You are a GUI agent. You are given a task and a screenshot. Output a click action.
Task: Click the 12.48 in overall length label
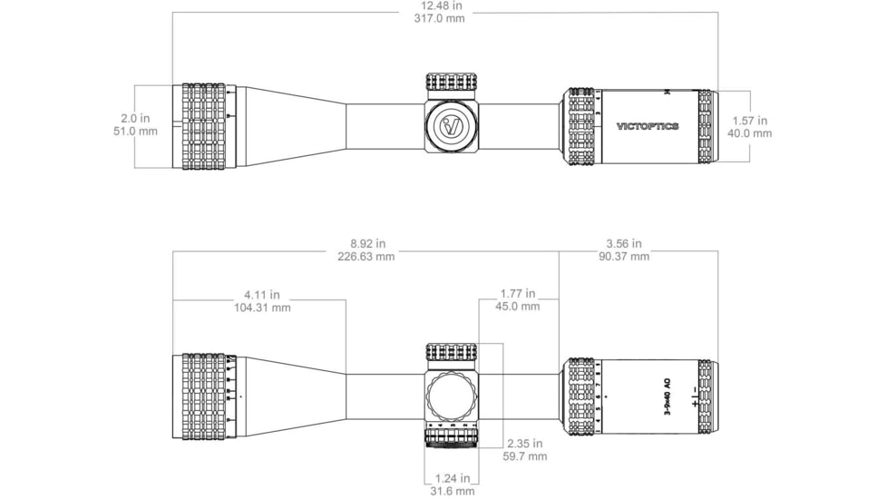point(443,5)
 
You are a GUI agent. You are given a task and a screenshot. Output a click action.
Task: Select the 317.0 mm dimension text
point(443,18)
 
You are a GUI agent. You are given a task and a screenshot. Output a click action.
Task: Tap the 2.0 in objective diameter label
point(135,119)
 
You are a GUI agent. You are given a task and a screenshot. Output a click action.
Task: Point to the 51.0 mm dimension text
point(135,132)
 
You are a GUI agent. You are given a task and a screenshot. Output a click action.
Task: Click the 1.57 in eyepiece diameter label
point(750,121)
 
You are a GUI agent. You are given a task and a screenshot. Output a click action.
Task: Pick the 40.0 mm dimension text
point(750,133)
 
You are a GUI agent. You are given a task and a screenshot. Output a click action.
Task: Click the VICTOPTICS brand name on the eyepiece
point(648,127)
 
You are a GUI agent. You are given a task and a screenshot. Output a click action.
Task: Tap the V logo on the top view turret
point(452,126)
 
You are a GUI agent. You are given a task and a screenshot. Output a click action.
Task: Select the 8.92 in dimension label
point(366,243)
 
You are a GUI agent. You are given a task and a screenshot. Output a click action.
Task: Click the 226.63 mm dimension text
point(366,256)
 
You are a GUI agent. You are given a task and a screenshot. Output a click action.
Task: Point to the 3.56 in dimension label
point(623,243)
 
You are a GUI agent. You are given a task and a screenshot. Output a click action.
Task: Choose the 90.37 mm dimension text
point(623,256)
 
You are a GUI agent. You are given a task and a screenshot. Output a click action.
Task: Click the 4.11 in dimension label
point(261,295)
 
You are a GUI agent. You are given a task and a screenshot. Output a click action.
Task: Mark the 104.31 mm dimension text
point(261,308)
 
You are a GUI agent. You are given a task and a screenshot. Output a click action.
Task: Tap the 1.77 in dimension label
point(518,294)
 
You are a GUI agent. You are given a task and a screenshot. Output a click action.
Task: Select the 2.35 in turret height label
point(524,444)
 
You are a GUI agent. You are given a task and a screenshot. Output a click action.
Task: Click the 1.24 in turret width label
point(451,478)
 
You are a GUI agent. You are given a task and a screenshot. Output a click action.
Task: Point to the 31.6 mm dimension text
point(451,491)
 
